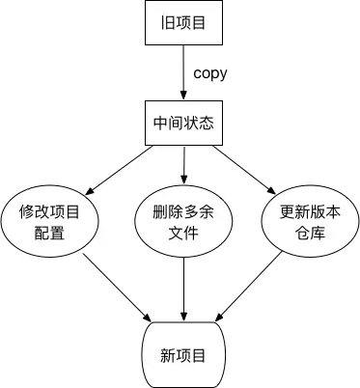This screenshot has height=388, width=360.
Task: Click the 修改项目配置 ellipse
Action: [x=48, y=219]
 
